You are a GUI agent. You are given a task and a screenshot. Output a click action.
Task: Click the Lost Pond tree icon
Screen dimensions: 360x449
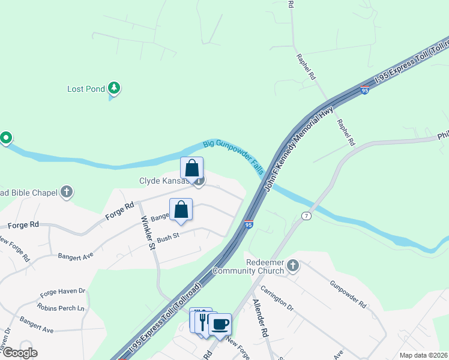pyautogui.click(x=113, y=89)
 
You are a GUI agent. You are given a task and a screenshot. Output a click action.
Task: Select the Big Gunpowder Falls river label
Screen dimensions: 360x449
pyautogui.click(x=234, y=157)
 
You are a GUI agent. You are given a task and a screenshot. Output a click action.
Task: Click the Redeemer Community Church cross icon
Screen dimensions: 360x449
pyautogui.click(x=293, y=265)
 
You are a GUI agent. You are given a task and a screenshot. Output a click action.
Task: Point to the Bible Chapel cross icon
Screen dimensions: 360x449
pyautogui.click(x=67, y=193)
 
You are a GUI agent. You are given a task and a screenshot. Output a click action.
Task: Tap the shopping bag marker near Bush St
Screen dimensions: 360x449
pyautogui.click(x=181, y=210)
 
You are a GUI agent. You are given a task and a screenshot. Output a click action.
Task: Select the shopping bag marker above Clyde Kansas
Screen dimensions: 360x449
pyautogui.click(x=191, y=169)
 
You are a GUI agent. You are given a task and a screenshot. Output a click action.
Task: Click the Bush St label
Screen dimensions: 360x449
pyautogui.click(x=168, y=238)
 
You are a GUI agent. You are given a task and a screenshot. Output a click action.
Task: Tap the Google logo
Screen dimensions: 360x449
pyautogui.click(x=19, y=353)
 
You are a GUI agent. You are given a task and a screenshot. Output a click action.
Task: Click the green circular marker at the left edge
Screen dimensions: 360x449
pyautogui.click(x=6, y=139)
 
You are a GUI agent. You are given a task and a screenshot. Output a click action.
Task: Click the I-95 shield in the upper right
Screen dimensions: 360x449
pyautogui.click(x=364, y=91)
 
